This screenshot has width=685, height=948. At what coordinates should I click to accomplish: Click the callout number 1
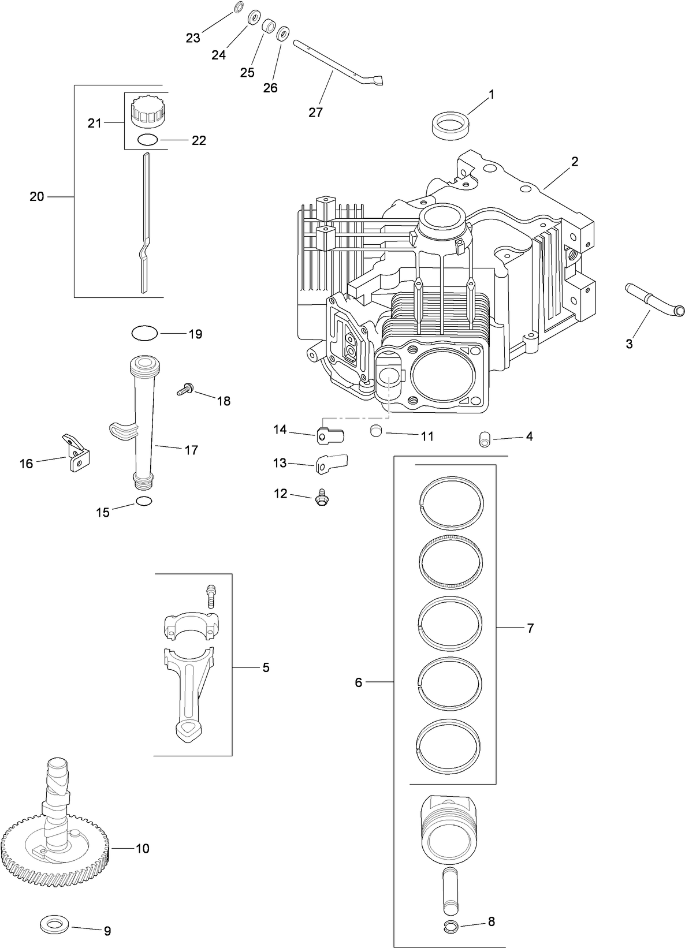click(492, 94)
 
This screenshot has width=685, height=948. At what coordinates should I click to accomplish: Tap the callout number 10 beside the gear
click(142, 848)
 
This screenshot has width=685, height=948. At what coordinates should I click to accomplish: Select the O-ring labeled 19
click(144, 333)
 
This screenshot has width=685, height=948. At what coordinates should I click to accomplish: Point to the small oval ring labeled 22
click(147, 139)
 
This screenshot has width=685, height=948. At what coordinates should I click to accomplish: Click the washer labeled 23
click(239, 8)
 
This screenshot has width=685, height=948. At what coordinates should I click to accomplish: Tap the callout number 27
click(315, 112)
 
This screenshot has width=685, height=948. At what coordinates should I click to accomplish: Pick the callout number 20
click(37, 197)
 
